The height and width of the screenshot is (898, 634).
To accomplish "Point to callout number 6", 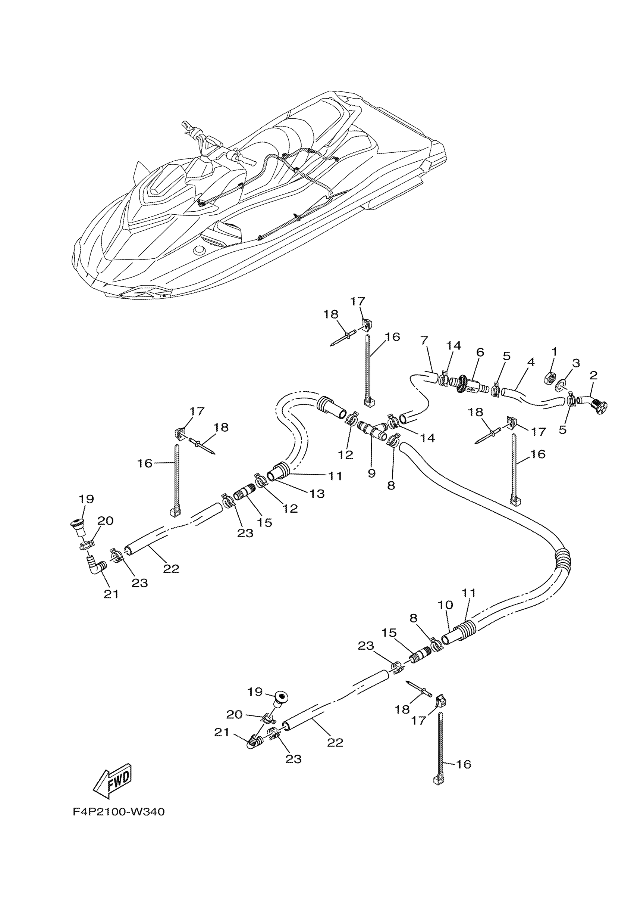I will [480, 352].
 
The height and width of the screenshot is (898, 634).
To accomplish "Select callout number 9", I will [371, 473].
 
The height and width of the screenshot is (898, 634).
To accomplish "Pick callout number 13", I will [317, 494].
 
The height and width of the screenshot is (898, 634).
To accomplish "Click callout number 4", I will [530, 363].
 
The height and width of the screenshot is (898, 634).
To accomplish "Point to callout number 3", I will [575, 363].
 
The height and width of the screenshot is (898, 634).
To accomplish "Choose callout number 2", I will [593, 376].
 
